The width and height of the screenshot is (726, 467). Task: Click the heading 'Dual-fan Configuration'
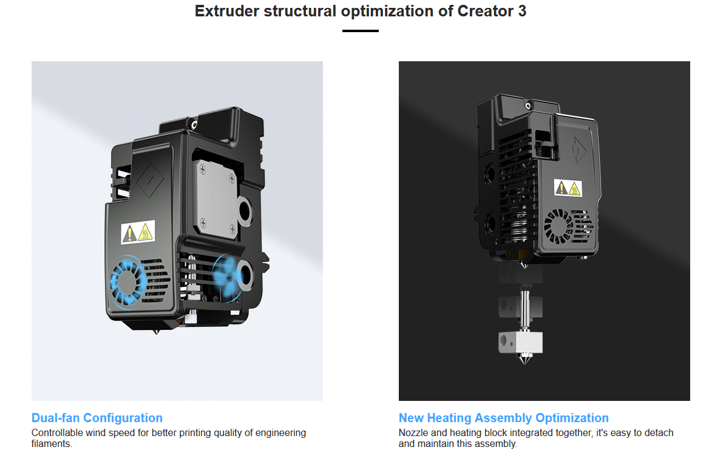pyautogui.click(x=97, y=418)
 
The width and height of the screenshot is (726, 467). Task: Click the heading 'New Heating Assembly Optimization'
pyautogui.click(x=503, y=418)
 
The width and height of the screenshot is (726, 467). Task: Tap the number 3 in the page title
pyautogui.click(x=522, y=11)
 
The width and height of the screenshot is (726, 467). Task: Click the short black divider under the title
pyautogui.click(x=360, y=31)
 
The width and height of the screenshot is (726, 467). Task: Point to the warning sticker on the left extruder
pyautogui.click(x=138, y=232)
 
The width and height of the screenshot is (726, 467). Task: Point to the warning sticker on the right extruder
pyautogui.click(x=568, y=187)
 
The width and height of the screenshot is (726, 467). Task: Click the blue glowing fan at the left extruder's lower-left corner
pyautogui.click(x=126, y=281)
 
